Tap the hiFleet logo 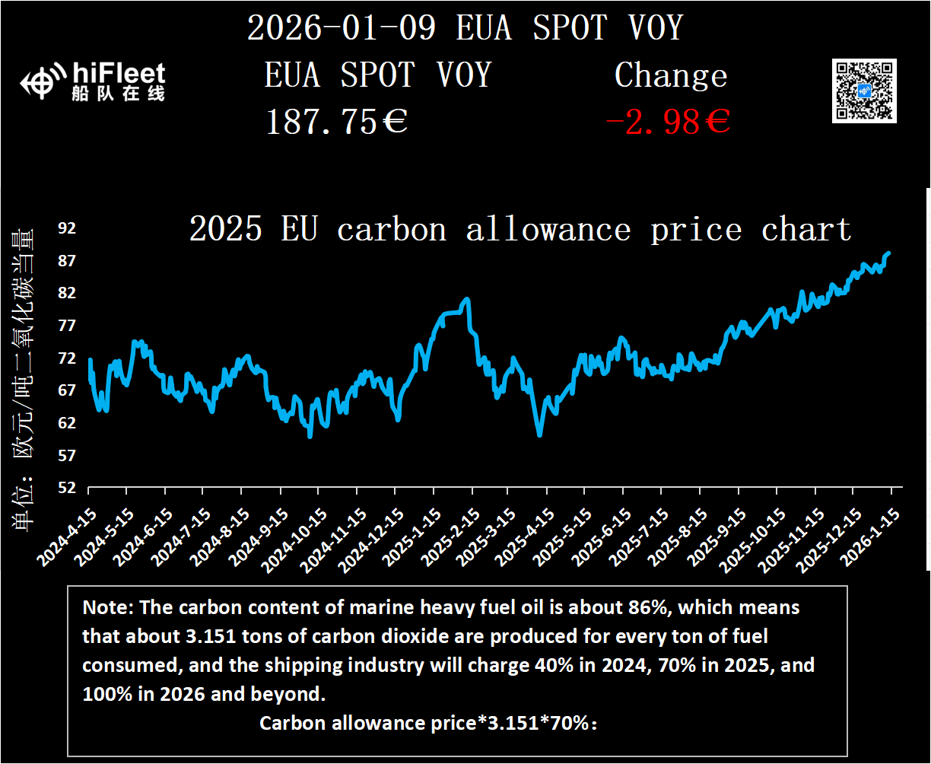(x=93, y=81)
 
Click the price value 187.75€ (x=336, y=122)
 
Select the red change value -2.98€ (x=668, y=122)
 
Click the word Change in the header (x=671, y=75)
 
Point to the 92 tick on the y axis (x=68, y=228)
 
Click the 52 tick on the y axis (x=68, y=488)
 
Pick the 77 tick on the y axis (x=68, y=326)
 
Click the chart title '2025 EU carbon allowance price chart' (x=520, y=229)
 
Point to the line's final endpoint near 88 (x=888, y=253)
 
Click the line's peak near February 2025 (x=467, y=299)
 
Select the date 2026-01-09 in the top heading (x=342, y=28)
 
